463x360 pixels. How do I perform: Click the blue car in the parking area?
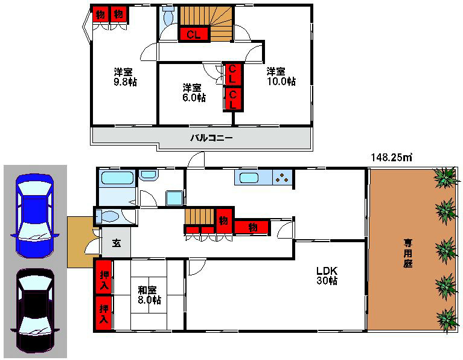click(x=35, y=216)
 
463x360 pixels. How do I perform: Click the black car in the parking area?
click(x=35, y=310)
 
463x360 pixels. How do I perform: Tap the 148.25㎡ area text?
click(x=391, y=157)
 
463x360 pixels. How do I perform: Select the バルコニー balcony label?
click(x=211, y=138)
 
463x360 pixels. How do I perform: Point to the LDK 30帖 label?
click(x=327, y=275)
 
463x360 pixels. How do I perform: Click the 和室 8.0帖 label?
click(x=150, y=295)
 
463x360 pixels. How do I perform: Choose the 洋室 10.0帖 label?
click(x=281, y=76)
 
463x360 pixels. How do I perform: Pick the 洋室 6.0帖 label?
click(x=194, y=92)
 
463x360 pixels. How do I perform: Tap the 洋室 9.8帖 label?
click(x=125, y=77)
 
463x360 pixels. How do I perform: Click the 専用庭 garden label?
click(x=408, y=253)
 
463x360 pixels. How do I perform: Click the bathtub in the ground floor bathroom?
click(x=117, y=178)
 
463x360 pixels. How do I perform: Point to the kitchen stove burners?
click(x=282, y=178)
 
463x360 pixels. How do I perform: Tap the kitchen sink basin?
click(x=249, y=178)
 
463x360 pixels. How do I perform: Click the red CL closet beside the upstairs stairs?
click(x=194, y=34)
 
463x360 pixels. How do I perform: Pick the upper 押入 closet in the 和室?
click(x=104, y=277)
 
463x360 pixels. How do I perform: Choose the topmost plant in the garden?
click(x=447, y=177)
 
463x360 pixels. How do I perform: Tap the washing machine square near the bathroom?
click(x=174, y=198)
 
